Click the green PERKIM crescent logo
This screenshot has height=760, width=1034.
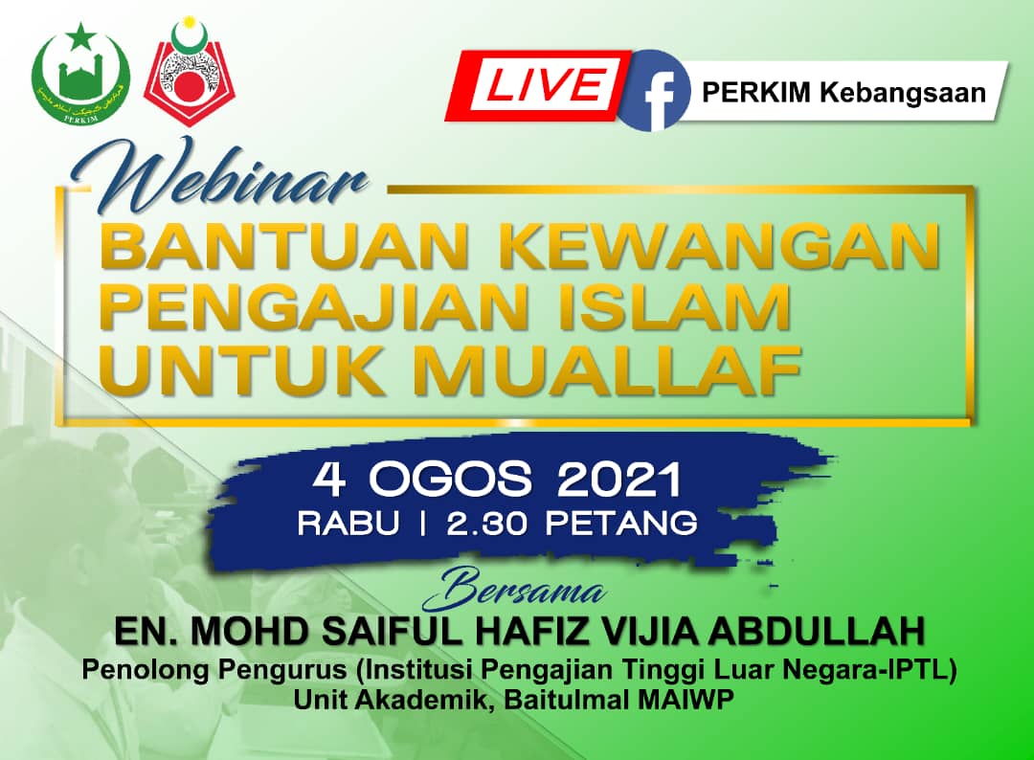pyautogui.click(x=80, y=74)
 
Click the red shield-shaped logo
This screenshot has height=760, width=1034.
pyautogui.click(x=190, y=74)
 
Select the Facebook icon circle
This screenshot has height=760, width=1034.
pyautogui.click(x=653, y=90)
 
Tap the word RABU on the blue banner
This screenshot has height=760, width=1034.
pyautogui.click(x=348, y=524)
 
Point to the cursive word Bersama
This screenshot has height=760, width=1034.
pyautogui.click(x=513, y=590)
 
